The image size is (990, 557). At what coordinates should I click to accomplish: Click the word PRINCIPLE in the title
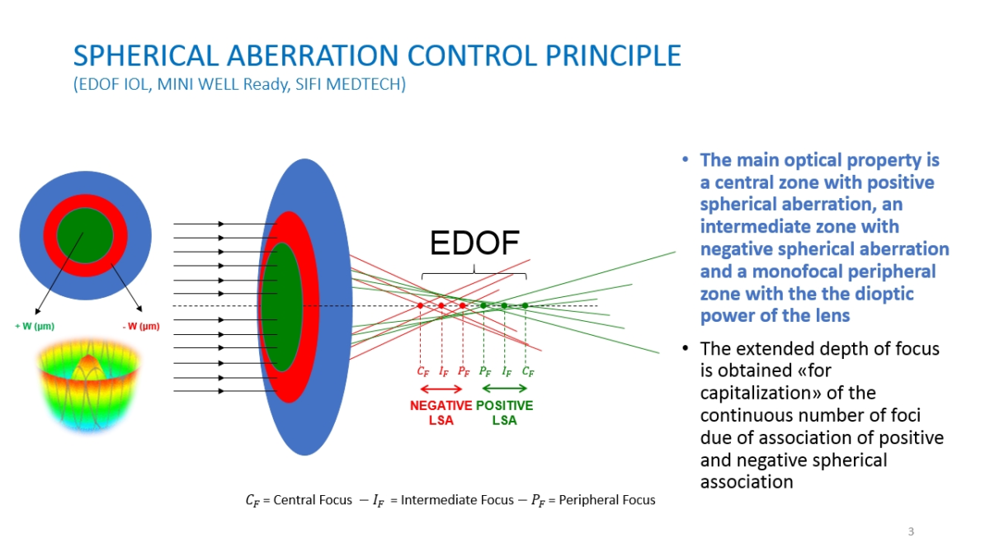coord(613,56)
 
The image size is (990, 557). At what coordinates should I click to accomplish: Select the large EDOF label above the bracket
coord(474,243)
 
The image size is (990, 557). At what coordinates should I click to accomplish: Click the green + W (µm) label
coord(35,326)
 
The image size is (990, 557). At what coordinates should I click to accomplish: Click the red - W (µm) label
coord(140,326)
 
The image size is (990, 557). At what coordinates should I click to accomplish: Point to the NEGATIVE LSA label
coord(441,413)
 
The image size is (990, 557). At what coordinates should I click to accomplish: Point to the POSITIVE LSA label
coord(504,413)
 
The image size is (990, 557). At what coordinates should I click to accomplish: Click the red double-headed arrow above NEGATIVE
coord(441,389)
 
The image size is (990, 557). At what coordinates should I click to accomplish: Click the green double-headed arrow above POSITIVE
coord(504,389)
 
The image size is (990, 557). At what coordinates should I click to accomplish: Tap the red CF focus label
coord(423,372)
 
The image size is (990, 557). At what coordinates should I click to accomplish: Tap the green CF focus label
coord(528,372)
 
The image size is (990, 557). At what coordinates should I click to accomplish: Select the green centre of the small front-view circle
coord(85,235)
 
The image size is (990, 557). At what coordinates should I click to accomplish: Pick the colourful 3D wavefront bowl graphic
coord(88,385)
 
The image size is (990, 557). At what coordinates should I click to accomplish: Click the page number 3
coord(911,531)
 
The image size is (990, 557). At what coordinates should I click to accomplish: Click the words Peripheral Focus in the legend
coord(607,500)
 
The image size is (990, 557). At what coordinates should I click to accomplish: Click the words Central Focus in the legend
coord(313,500)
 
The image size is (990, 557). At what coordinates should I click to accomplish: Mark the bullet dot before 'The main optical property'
coord(685,159)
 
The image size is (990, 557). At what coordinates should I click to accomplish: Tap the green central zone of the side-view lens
coord(281,307)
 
